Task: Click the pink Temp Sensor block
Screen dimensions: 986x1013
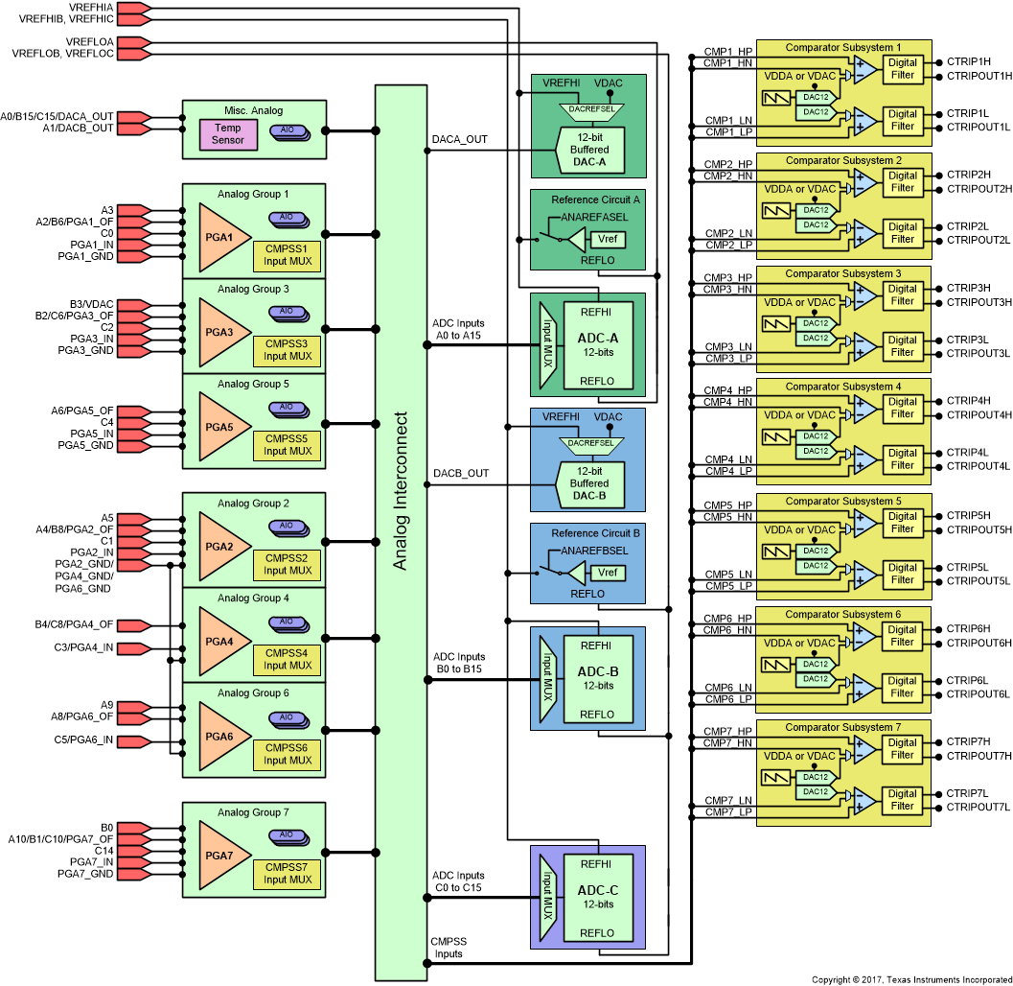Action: point(228,134)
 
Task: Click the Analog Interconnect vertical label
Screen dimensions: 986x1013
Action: point(401,491)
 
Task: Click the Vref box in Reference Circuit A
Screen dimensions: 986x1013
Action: point(606,240)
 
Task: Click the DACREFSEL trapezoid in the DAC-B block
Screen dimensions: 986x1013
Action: point(589,443)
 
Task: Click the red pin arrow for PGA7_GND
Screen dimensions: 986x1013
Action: point(134,874)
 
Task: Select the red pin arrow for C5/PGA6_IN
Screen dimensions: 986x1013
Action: point(134,740)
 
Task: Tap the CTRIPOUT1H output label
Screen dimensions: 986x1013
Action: point(978,76)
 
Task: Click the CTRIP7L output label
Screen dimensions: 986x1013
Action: point(967,793)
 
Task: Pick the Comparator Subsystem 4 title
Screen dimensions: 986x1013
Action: point(843,387)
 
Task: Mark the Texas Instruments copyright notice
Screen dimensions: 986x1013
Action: point(909,979)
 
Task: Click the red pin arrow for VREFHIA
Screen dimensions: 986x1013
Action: point(134,8)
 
